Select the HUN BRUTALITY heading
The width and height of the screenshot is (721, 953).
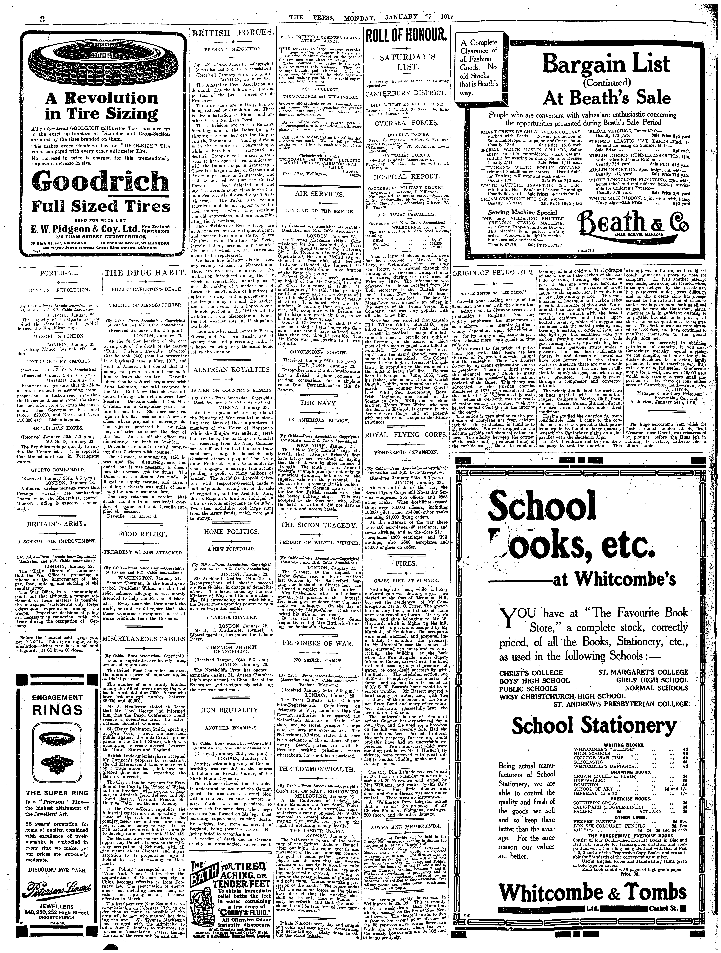pyautogui.click(x=232, y=710)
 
